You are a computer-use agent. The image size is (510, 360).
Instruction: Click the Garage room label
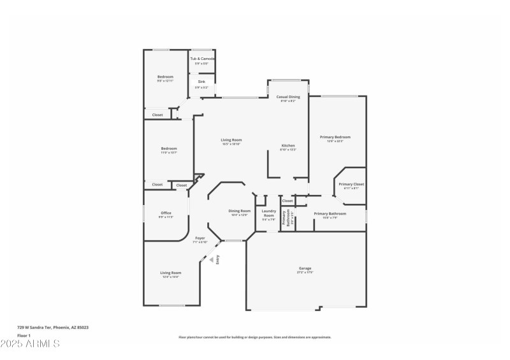pos(305,268)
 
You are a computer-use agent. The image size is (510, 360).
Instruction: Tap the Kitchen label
pos(288,146)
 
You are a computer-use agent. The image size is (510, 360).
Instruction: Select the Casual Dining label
pos(288,97)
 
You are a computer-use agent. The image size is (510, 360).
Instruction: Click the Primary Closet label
pos(351,184)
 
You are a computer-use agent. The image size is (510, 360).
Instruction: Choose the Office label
pos(166,213)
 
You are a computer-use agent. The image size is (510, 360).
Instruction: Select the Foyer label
pos(200,238)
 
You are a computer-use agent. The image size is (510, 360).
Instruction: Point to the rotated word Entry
pos(217,259)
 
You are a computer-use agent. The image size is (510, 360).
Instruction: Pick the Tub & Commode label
pos(202,59)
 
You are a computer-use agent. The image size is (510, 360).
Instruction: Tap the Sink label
pos(201,82)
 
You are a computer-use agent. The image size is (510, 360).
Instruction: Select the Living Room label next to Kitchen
pos(231,140)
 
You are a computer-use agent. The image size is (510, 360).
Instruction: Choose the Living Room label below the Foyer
pos(170,273)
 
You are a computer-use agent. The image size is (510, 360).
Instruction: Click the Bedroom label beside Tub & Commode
pos(165,76)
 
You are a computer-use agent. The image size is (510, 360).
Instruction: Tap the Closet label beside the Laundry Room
pos(288,201)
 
